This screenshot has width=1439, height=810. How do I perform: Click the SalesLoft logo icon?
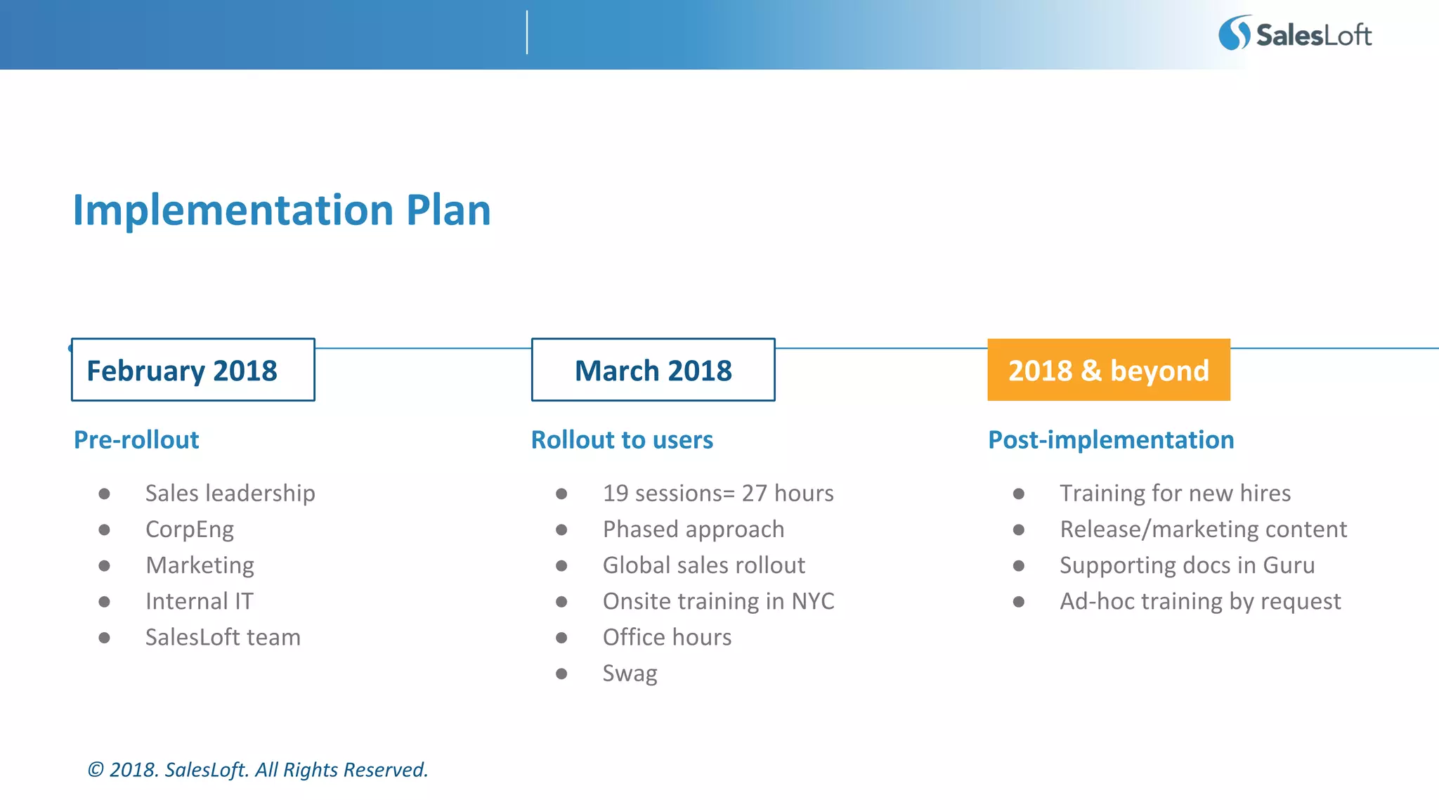[1235, 33]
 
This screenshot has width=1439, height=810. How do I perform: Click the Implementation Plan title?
[282, 210]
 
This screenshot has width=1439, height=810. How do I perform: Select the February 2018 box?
[193, 370]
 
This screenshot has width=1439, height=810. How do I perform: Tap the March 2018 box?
[653, 370]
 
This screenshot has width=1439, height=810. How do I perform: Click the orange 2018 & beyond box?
[1108, 370]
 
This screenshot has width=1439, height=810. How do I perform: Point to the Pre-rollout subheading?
[136, 439]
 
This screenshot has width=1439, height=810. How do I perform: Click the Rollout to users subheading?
[622, 439]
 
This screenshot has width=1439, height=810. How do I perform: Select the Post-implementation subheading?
[1110, 439]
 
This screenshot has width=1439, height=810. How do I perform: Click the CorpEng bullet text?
[189, 529]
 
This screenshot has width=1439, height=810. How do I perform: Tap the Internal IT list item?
[199, 601]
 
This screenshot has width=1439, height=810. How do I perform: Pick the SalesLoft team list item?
[223, 637]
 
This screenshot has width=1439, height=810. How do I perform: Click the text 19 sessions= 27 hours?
[717, 494]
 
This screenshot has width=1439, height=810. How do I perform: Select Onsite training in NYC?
[718, 601]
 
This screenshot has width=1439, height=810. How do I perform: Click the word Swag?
[630, 674]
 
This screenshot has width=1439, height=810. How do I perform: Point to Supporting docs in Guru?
[1187, 565]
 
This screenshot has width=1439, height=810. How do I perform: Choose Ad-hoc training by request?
[1200, 601]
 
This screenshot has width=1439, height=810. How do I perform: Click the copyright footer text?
[257, 770]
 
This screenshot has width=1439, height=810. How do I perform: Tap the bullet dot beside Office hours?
[561, 638]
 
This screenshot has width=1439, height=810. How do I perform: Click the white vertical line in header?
[527, 32]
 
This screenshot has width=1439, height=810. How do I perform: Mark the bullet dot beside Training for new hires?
[1019, 494]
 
